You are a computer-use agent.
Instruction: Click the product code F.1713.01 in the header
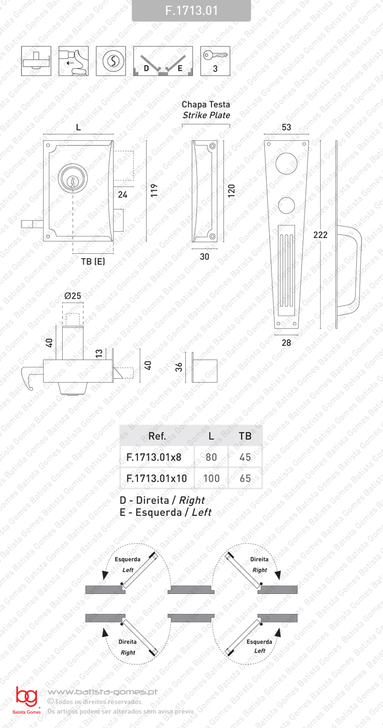(191, 11)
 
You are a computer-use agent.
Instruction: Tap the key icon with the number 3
(215, 61)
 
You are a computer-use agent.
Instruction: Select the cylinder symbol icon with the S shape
(111, 61)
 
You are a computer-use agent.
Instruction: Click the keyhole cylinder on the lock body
(73, 178)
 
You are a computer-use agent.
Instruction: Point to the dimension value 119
(154, 190)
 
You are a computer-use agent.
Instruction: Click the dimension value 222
(320, 235)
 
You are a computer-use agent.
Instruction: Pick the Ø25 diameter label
(73, 296)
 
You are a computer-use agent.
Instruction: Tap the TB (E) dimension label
(93, 262)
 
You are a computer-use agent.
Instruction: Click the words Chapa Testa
(206, 104)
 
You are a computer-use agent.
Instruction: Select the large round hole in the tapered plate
(286, 163)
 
